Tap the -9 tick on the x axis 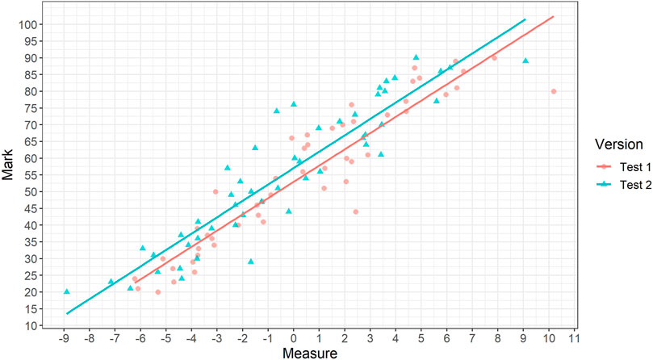pyautogui.click(x=65, y=338)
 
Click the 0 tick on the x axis pyautogui.click(x=294, y=338)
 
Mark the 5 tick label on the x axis pyautogui.click(x=421, y=338)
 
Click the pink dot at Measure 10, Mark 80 pyautogui.click(x=554, y=91)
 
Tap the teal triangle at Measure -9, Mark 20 pyautogui.click(x=67, y=291)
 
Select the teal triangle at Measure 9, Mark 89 pyautogui.click(x=525, y=61)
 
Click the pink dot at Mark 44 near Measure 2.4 pyautogui.click(x=355, y=211)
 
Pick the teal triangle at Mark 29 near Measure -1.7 pyautogui.click(x=251, y=262)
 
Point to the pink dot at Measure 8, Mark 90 pyautogui.click(x=494, y=58)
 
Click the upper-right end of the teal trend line pyautogui.click(x=525, y=19)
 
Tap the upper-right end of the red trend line pyautogui.click(x=553, y=17)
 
